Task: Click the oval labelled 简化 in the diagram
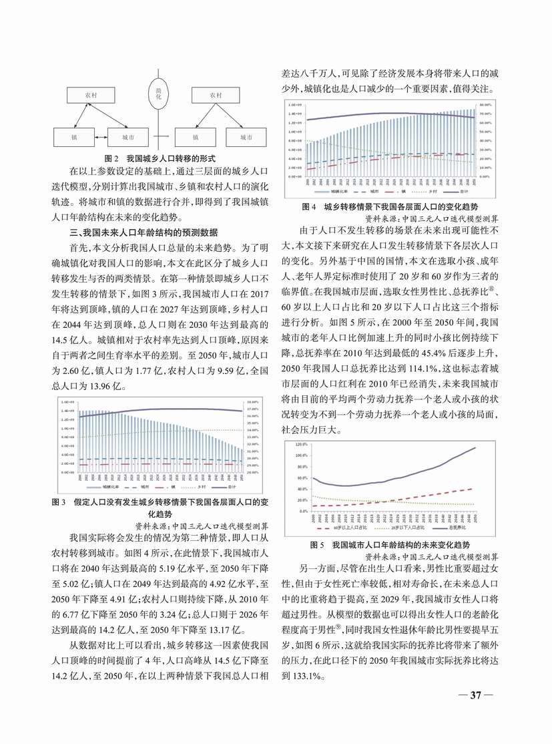[x=159, y=94]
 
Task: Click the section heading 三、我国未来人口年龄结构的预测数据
[x=141, y=232]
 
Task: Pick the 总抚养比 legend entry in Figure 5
[x=459, y=527]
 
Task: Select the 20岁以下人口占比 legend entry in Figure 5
[x=400, y=527]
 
